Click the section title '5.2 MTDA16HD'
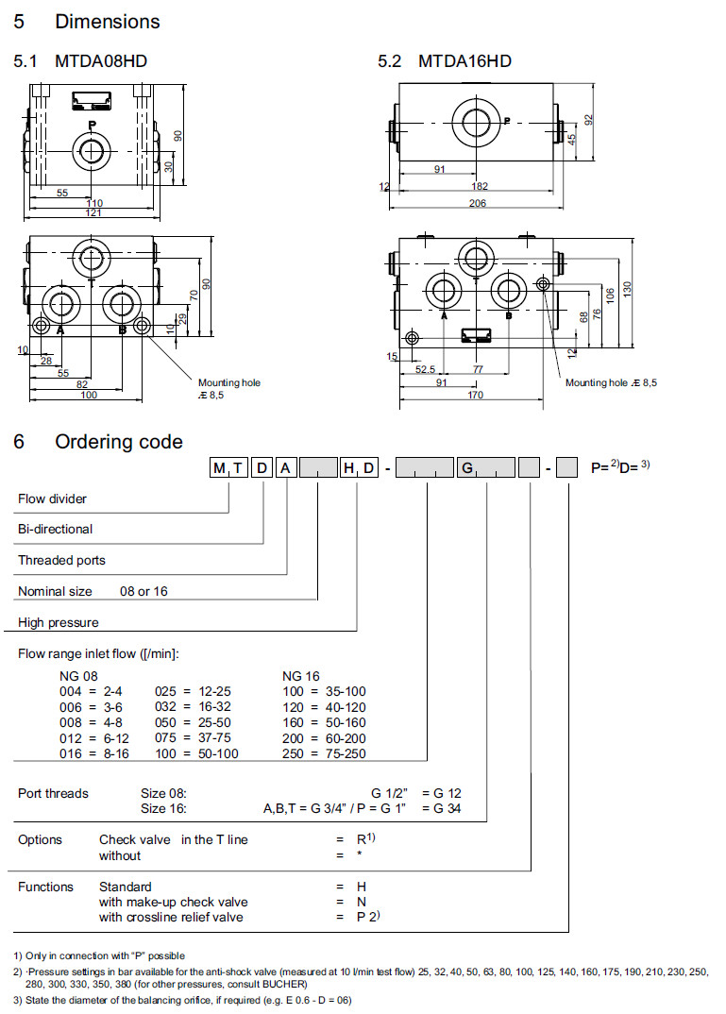coord(445,61)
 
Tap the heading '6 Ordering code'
coord(98,441)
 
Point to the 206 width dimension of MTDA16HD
coord(479,204)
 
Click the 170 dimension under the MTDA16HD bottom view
coord(477,396)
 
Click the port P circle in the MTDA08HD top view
coord(91,150)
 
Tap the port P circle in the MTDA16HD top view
coord(476,121)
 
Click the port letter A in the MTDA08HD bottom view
coord(60,330)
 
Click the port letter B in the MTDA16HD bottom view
coord(508,316)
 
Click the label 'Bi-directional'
coord(56,529)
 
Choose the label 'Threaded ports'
coord(61,560)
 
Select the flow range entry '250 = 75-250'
coord(325,753)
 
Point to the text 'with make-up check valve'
coord(174,902)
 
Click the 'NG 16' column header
coord(301,676)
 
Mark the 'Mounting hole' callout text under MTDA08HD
coord(228,382)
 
